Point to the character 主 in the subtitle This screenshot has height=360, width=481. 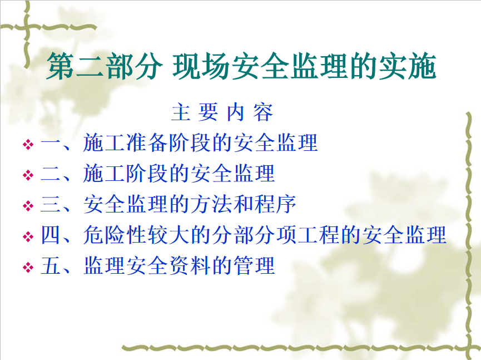coord(181,112)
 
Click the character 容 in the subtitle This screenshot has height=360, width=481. coord(263,112)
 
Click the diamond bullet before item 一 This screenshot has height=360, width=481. coord(28,145)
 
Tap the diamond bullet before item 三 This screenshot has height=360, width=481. coord(28,206)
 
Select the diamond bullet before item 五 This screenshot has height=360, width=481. coord(28,267)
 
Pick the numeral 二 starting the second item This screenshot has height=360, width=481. coord(50,174)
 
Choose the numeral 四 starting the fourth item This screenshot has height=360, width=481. coord(50,235)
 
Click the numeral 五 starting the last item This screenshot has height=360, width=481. coord(50,266)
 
